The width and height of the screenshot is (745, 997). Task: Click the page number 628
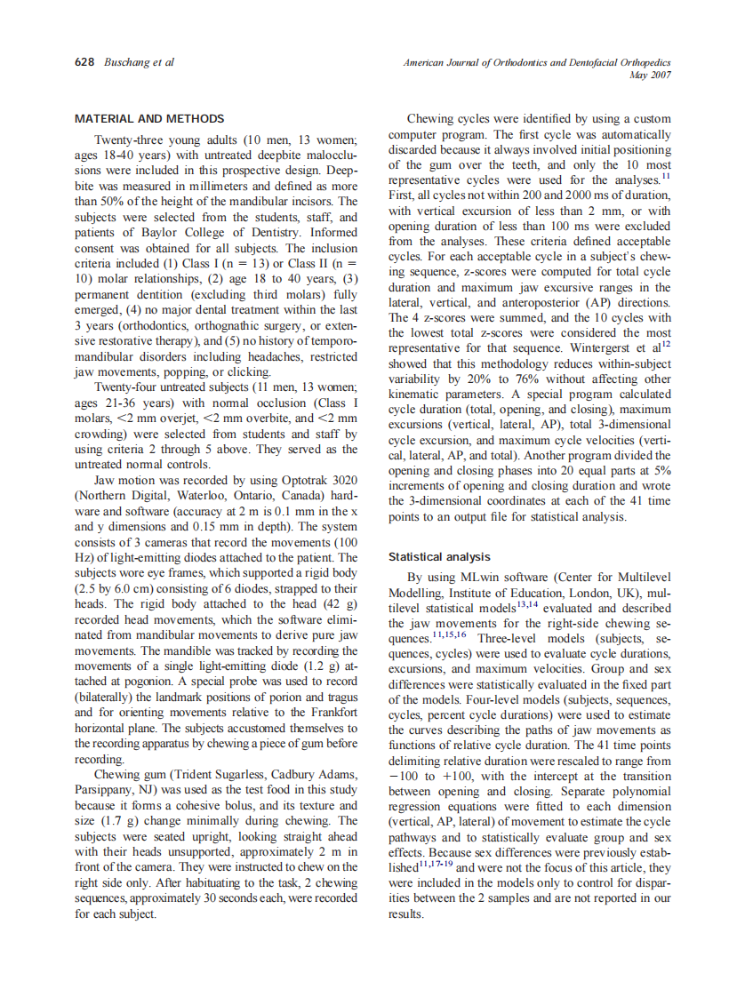tap(85, 62)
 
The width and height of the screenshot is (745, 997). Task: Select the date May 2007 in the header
tap(649, 76)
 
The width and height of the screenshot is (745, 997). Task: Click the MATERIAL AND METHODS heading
tap(149, 118)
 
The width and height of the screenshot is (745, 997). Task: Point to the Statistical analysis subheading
tap(439, 557)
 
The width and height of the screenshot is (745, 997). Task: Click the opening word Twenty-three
tap(128, 140)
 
